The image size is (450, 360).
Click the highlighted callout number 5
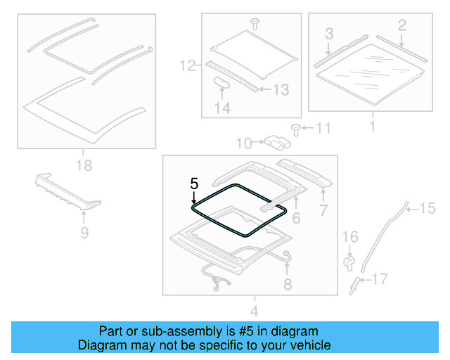click(x=194, y=184)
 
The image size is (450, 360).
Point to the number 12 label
click(x=186, y=67)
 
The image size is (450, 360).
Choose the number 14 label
click(x=221, y=108)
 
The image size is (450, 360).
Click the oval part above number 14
click(x=221, y=83)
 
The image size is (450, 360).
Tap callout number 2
click(x=401, y=26)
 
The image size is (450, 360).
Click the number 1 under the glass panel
click(x=372, y=127)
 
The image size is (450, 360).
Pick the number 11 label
click(x=322, y=128)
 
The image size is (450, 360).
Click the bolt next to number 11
click(x=296, y=129)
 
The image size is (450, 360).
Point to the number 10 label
click(x=243, y=143)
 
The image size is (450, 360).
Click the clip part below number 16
click(x=348, y=262)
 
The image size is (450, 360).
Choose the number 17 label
click(x=379, y=280)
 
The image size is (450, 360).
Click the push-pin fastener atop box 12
click(x=255, y=24)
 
